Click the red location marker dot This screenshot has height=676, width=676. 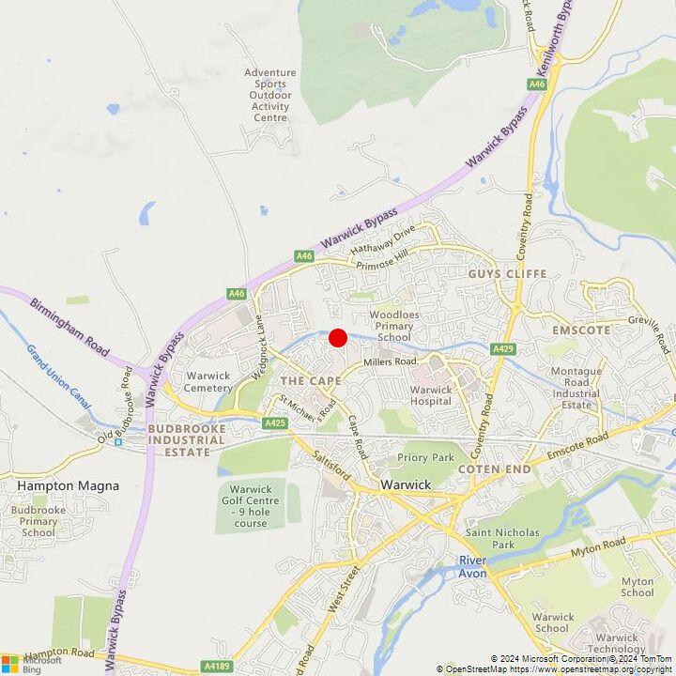pyautogui.click(x=338, y=338)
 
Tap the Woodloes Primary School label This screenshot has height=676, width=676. pyautogui.click(x=390, y=326)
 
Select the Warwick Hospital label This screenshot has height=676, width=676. pyautogui.click(x=431, y=395)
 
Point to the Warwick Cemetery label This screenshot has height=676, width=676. pyautogui.click(x=208, y=382)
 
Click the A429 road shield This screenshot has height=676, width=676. pyautogui.click(x=503, y=349)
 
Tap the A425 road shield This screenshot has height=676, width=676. pyautogui.click(x=275, y=423)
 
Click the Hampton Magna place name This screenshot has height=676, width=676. pyautogui.click(x=54, y=485)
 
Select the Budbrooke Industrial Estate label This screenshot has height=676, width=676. pyautogui.click(x=186, y=440)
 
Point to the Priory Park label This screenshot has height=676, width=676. pyautogui.click(x=425, y=458)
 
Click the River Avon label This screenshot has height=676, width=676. pyautogui.click(x=472, y=566)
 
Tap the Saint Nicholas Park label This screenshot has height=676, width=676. pyautogui.click(x=503, y=538)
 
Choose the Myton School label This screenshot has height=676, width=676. pyautogui.click(x=638, y=587)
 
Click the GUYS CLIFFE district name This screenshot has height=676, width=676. pyautogui.click(x=507, y=273)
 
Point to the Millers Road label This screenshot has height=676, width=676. pyautogui.click(x=390, y=361)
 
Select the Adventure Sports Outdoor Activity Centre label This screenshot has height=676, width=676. pyautogui.click(x=270, y=95)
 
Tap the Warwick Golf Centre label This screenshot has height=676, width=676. pyautogui.click(x=251, y=506)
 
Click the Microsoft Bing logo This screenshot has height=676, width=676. pyautogui.click(x=32, y=664)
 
